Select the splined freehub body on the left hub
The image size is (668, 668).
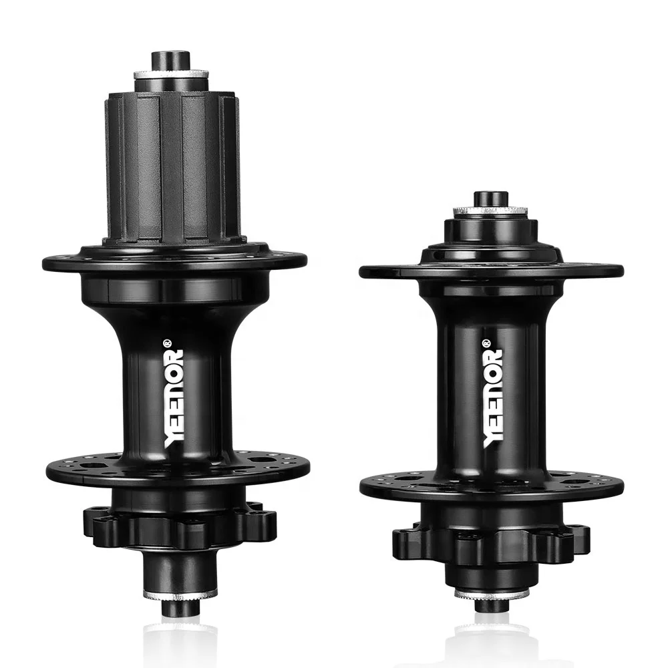pyautogui.click(x=172, y=167)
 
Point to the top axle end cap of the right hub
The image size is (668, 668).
pyautogui.click(x=491, y=198)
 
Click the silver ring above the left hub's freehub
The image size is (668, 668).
pyautogui.click(x=171, y=75)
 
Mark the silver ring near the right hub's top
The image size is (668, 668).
pyautogui.click(x=491, y=212)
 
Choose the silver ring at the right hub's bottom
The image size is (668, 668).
pyautogui.click(x=492, y=593)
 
